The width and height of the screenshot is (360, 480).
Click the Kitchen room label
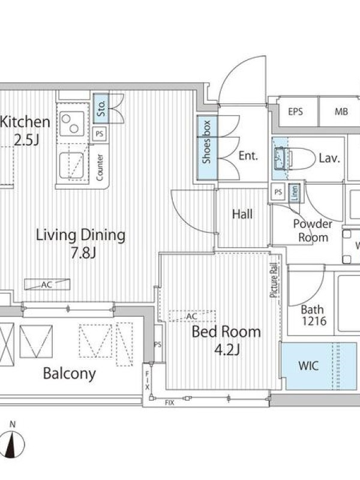pos(25,122)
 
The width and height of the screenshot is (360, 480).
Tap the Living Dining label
pos(81,235)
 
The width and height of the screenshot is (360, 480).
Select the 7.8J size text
pos(83,253)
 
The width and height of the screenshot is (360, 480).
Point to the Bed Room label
pos(226,332)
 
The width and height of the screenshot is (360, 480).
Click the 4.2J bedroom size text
pos(227,350)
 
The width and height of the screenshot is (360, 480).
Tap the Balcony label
pos(70,374)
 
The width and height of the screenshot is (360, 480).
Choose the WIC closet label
pos(308,365)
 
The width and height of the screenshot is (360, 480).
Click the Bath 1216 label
pos(313,316)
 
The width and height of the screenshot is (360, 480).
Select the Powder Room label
pos(313,230)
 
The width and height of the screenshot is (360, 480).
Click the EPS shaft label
pos(295,112)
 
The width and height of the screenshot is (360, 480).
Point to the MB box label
pos(341,112)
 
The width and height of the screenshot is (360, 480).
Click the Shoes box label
pos(206,142)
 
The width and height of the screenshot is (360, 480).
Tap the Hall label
pos(242,214)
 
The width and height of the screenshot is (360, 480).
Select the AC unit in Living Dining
pos(47,284)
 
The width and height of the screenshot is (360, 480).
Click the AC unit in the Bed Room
pos(192,316)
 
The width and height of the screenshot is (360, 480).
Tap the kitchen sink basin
pos(71,166)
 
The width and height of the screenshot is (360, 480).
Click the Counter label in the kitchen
pos(100,167)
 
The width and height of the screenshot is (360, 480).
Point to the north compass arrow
pos(13,444)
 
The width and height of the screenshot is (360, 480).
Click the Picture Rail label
pos(274,280)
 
